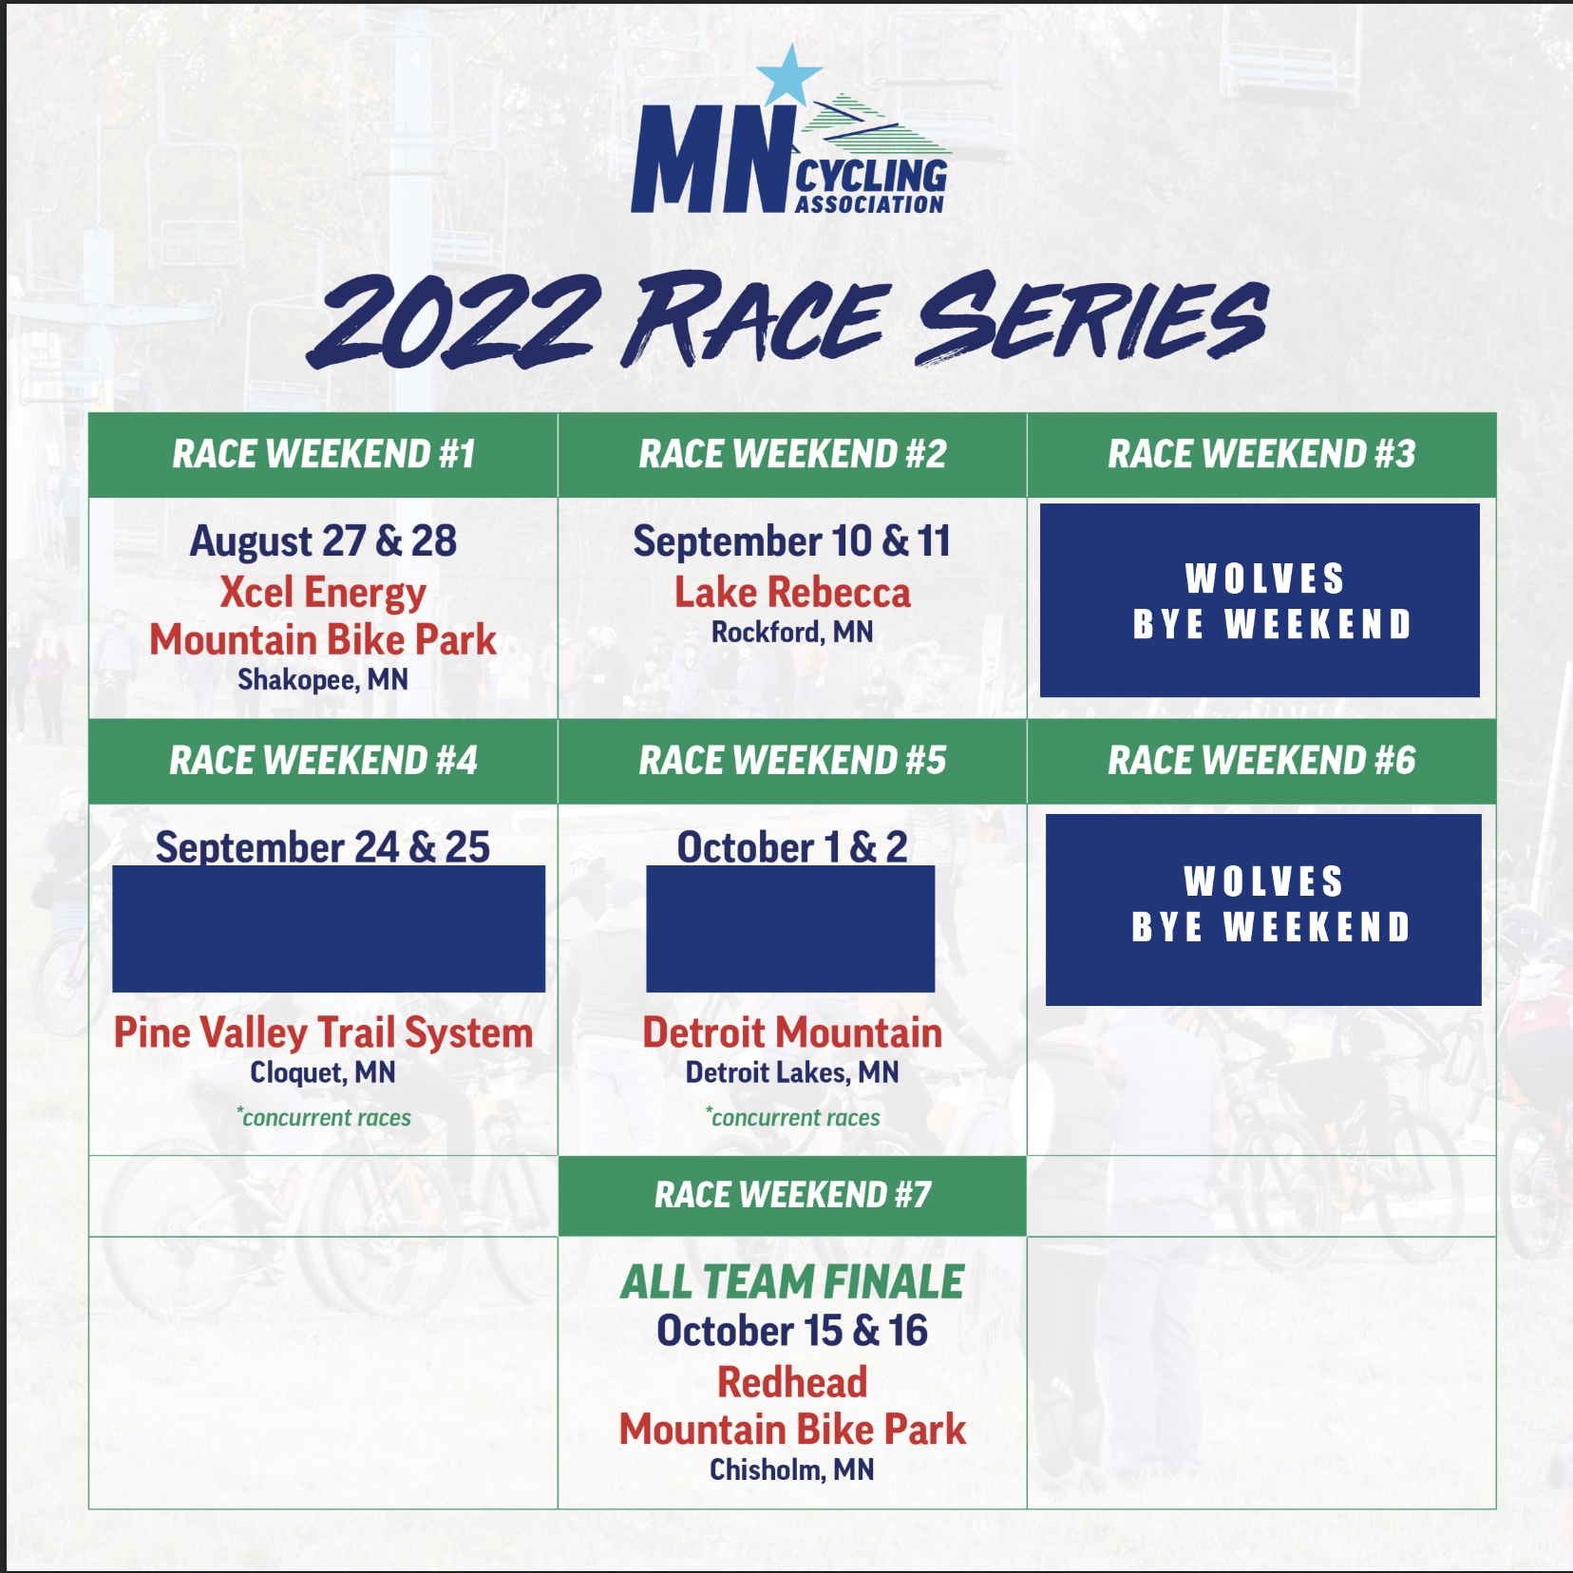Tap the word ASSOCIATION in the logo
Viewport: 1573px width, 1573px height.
click(870, 204)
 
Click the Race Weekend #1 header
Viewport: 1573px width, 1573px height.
click(323, 454)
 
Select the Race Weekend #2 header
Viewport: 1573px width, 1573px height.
click(792, 454)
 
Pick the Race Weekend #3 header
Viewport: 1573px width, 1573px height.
click(1261, 454)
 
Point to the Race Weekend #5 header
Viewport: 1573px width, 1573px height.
click(792, 761)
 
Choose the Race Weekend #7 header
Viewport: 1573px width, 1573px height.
click(792, 1195)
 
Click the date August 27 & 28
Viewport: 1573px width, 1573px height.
click(323, 541)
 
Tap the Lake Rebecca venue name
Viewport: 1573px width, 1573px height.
click(792, 593)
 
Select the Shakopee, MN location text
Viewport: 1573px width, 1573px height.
click(323, 680)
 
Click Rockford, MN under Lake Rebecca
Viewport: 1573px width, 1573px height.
click(792, 633)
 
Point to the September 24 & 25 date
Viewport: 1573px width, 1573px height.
click(323, 846)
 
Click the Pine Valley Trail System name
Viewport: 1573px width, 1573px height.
click(323, 1033)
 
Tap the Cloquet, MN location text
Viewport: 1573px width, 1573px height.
click(323, 1072)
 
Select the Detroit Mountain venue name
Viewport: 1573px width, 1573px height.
click(792, 1033)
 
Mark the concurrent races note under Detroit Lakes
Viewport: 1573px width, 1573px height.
click(792, 1117)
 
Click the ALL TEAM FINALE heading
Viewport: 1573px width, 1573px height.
click(792, 1282)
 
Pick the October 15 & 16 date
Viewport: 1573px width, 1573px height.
click(792, 1331)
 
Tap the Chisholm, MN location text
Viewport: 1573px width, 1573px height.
click(792, 1469)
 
